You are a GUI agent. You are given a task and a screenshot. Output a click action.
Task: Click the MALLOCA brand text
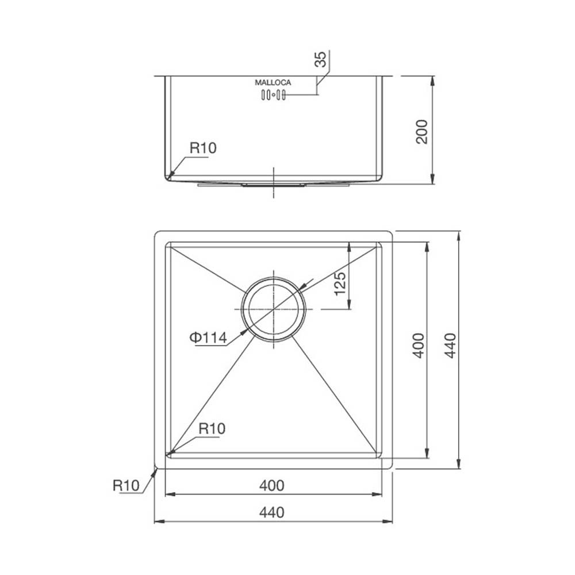click(x=273, y=83)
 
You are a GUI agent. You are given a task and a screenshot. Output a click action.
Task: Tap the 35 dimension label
click(x=320, y=59)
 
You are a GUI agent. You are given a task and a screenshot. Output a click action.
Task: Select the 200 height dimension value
click(x=421, y=132)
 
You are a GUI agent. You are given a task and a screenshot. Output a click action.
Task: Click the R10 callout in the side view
click(x=203, y=148)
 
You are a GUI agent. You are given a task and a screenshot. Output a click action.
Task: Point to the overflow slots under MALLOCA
click(x=273, y=95)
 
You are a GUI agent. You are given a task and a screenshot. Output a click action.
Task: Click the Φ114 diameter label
click(x=208, y=338)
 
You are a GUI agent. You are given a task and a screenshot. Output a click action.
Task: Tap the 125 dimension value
click(x=340, y=283)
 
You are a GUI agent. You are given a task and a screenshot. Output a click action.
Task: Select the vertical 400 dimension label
click(x=419, y=346)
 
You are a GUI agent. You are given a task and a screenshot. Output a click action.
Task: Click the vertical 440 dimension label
click(x=450, y=346)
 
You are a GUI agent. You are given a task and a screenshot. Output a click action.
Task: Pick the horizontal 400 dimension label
click(x=272, y=485)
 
